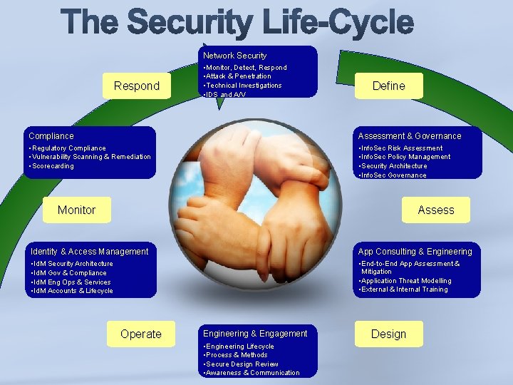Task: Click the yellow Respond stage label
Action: pyautogui.click(x=137, y=86)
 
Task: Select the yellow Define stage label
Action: pyautogui.click(x=388, y=86)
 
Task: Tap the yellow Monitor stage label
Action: pyautogui.click(x=76, y=210)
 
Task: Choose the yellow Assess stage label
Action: pyautogui.click(x=435, y=210)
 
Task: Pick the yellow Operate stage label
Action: pyautogui.click(x=141, y=334)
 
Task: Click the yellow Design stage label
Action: pyautogui.click(x=388, y=334)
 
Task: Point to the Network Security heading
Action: pyautogui.click(x=234, y=56)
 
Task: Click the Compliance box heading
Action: pyautogui.click(x=51, y=136)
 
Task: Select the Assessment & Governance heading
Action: pyautogui.click(x=410, y=136)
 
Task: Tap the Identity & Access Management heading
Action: pyautogui.click(x=89, y=252)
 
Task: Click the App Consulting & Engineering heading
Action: pyautogui.click(x=415, y=252)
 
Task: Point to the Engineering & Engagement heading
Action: pyautogui.click(x=255, y=334)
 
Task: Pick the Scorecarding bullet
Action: pyautogui.click(x=52, y=166)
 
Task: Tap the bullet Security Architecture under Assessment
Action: pyautogui.click(x=395, y=166)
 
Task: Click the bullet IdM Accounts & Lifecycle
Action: pyautogui.click(x=72, y=291)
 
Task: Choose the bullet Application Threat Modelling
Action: pyautogui.click(x=406, y=281)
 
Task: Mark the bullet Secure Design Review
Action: pyautogui.click(x=242, y=364)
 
